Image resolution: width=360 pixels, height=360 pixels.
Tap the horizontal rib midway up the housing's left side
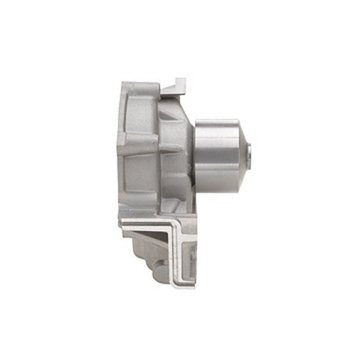coord(139,142)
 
